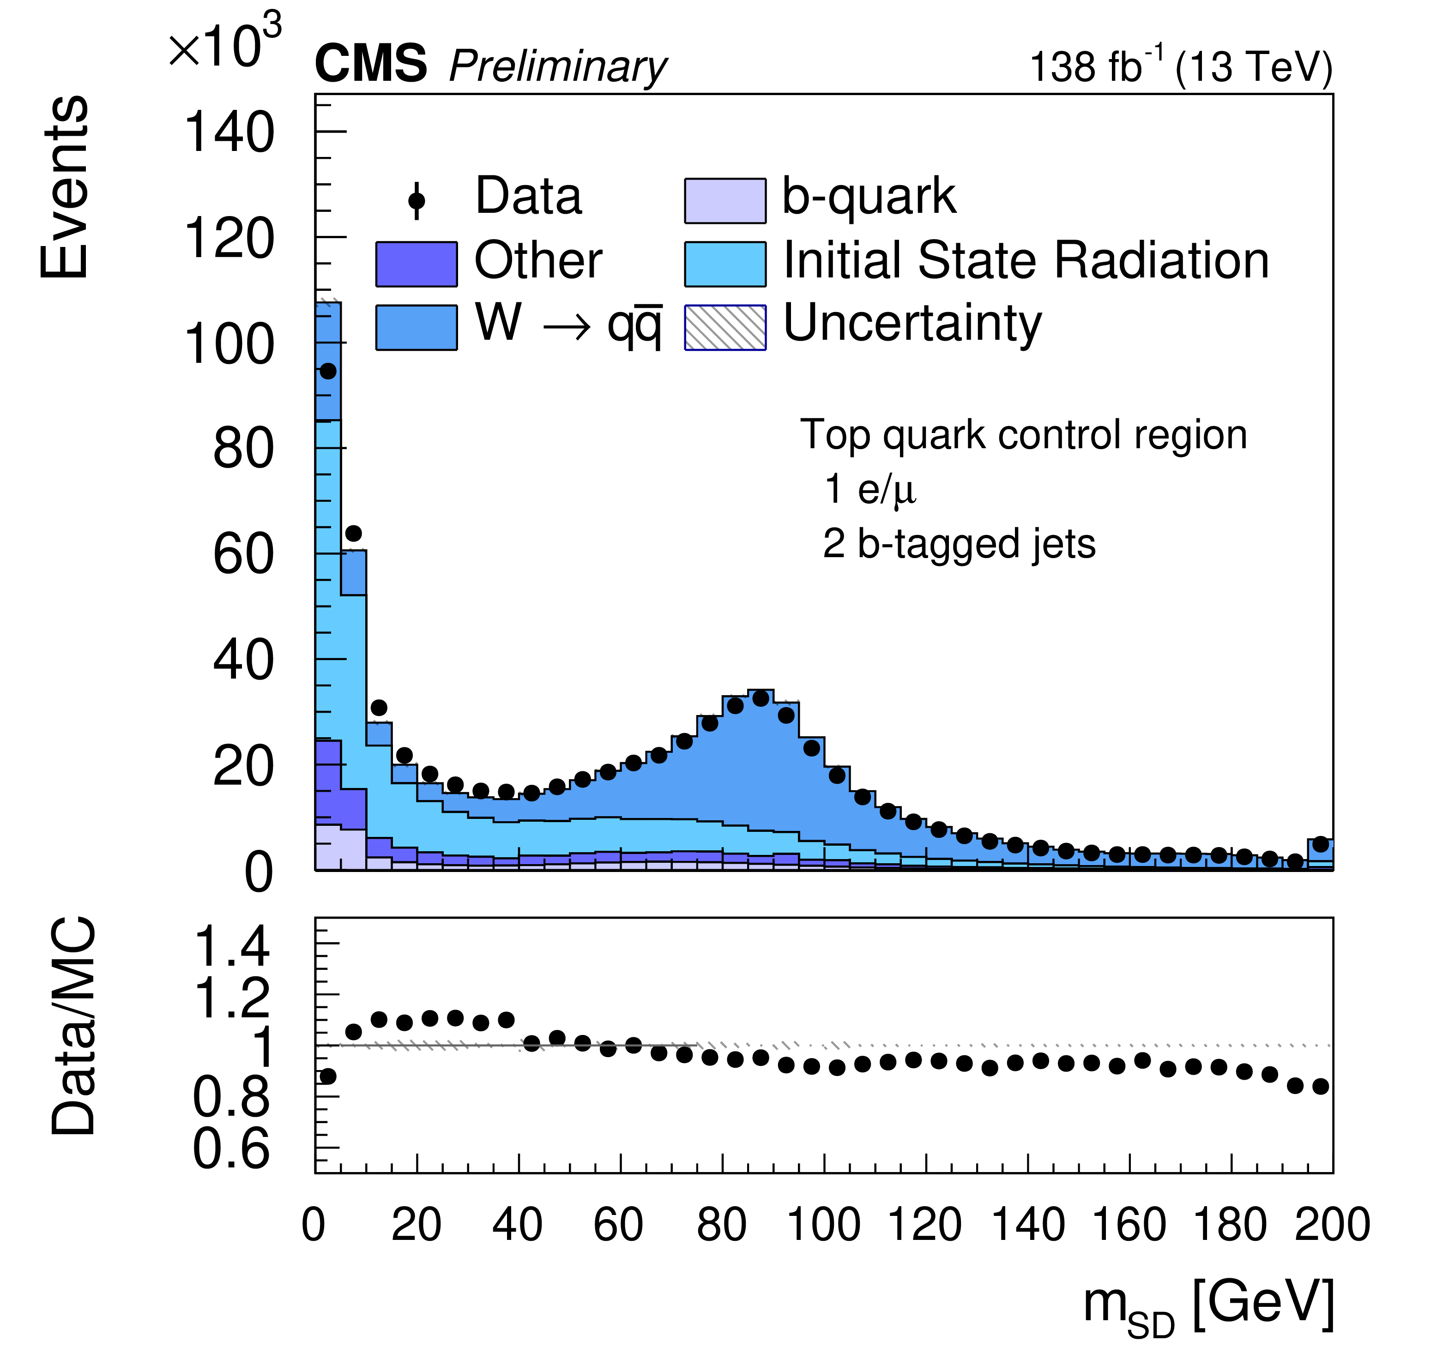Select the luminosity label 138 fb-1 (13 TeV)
pyautogui.click(x=1181, y=66)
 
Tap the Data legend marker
pyautogui.click(x=417, y=200)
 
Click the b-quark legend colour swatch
pyautogui.click(x=724, y=200)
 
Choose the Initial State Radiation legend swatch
pyautogui.click(x=724, y=264)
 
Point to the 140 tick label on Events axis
pyautogui.click(x=229, y=133)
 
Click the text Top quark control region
pyautogui.click(x=1023, y=435)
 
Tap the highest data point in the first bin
pyautogui.click(x=328, y=371)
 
